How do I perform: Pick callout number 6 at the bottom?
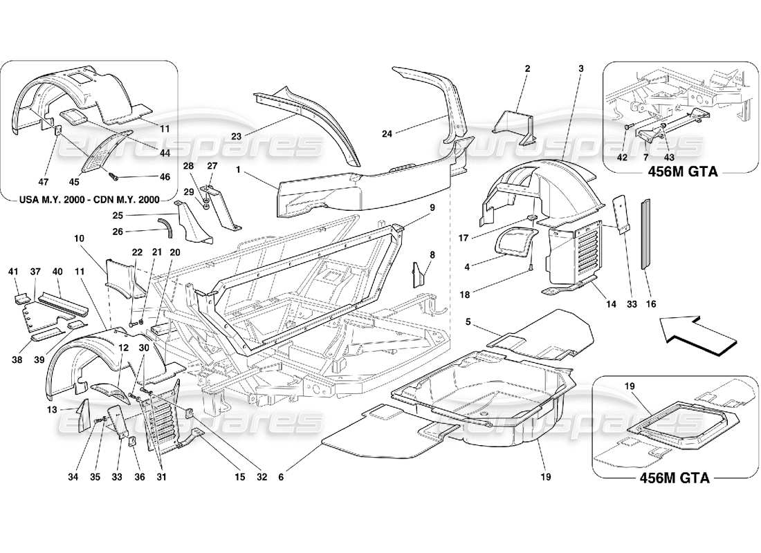coord(282,476)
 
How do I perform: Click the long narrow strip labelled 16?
coord(648,234)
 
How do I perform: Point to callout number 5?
coord(468,321)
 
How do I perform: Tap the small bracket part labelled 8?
coord(419,274)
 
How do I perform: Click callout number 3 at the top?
coord(580,68)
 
